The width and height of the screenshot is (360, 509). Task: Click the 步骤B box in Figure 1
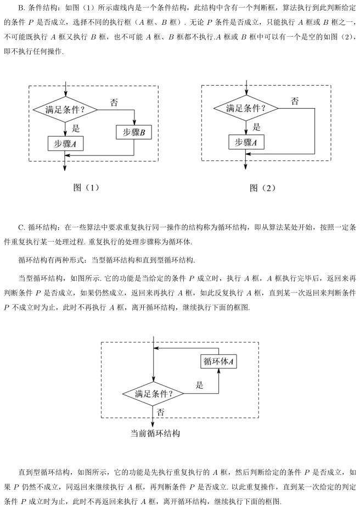click(x=134, y=132)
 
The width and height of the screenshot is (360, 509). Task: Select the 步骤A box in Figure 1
click(x=65, y=143)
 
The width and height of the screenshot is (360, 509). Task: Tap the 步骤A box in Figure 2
click(x=245, y=142)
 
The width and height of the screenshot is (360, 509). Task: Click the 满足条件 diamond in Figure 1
click(x=65, y=110)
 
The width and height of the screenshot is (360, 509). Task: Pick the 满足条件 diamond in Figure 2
click(x=245, y=108)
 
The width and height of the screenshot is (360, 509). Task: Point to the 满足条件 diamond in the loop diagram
click(x=153, y=393)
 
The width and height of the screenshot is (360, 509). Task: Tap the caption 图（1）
click(x=86, y=187)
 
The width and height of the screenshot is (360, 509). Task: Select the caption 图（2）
click(x=262, y=187)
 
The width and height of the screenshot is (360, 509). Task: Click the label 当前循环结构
click(x=155, y=433)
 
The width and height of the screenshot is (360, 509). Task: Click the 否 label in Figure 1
click(x=114, y=103)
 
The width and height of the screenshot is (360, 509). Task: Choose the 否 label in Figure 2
click(x=295, y=101)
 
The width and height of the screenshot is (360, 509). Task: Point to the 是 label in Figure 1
click(x=76, y=128)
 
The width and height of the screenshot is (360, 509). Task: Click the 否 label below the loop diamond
click(x=160, y=411)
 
